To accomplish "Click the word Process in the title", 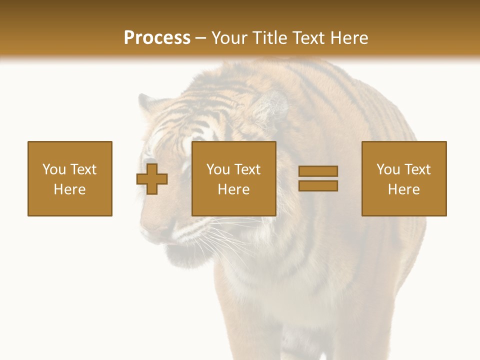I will (x=157, y=37).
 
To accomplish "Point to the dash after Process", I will (x=201, y=38).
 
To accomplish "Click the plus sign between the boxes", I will (x=152, y=179).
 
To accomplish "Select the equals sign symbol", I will (x=318, y=178).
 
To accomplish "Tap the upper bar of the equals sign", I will (x=318, y=171).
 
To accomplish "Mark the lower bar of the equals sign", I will (x=318, y=186).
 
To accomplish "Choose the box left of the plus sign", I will (x=70, y=178).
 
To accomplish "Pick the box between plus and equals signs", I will (x=233, y=178).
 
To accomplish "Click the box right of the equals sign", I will (x=404, y=178).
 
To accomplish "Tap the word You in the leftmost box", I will (x=54, y=169).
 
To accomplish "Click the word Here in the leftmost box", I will (x=70, y=189).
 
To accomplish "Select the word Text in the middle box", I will (x=247, y=169).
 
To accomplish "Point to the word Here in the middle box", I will (x=233, y=189).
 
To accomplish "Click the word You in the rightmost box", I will (x=388, y=169).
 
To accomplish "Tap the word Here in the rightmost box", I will (x=404, y=189).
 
